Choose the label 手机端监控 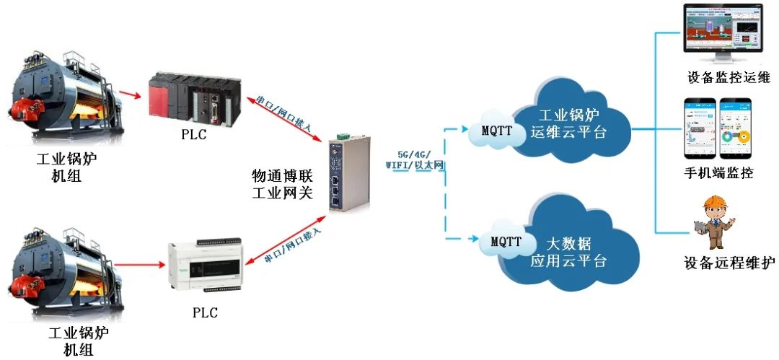click(718, 173)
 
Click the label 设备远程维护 click(729, 263)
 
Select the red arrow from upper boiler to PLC click(131, 94)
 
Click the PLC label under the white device click(205, 313)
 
